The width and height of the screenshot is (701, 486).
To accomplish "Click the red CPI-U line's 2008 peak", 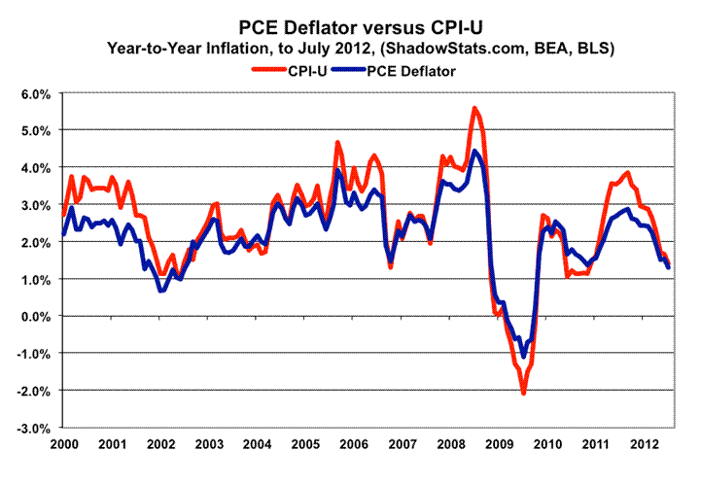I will pyautogui.click(x=473, y=108).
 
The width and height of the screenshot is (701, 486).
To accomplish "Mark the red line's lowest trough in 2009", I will pyautogui.click(x=523, y=393).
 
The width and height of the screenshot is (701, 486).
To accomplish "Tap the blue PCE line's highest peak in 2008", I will pyautogui.click(x=474, y=151).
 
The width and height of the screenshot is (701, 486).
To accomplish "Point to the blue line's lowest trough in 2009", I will pyautogui.click(x=523, y=356).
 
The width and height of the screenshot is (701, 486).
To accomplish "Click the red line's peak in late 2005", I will pyautogui.click(x=337, y=143).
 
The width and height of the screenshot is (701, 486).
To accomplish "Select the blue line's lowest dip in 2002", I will pyautogui.click(x=161, y=290).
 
